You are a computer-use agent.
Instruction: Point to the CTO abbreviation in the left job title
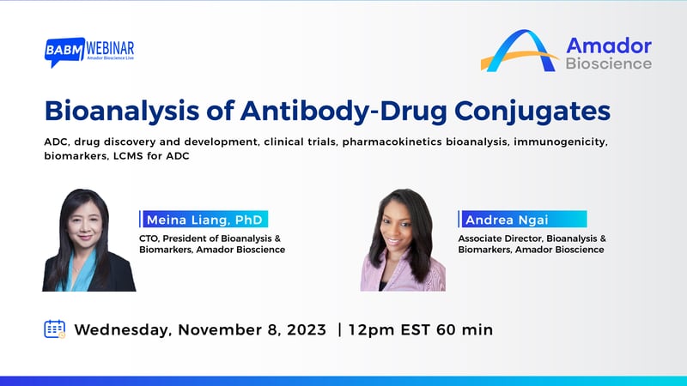(x=150, y=236)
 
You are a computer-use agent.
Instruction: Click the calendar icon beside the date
(x=55, y=329)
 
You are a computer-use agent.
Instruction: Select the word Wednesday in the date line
(x=124, y=329)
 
